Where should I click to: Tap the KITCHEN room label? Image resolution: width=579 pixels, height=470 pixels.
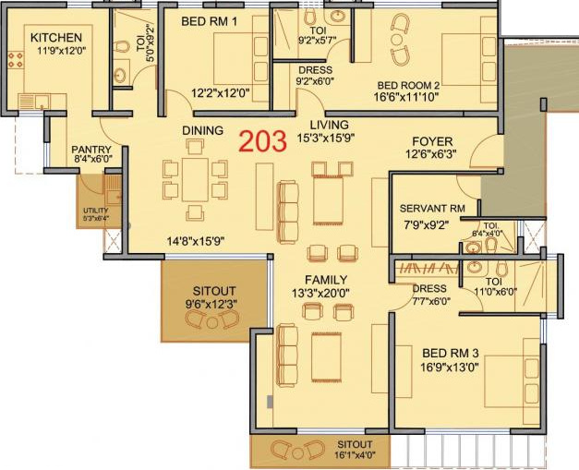coord(56,37)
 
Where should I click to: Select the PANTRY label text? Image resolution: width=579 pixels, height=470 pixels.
coord(91,150)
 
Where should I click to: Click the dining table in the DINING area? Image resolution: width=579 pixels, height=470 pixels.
coord(195,179)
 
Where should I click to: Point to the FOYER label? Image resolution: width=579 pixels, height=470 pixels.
coord(432,141)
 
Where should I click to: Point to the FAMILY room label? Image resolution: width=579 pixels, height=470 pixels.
coord(327,280)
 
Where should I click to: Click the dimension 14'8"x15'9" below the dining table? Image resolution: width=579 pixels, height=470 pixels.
coord(195,241)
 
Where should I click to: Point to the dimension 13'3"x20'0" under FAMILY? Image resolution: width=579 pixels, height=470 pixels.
coord(327,295)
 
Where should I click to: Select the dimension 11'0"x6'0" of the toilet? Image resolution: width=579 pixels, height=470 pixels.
coord(497,292)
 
